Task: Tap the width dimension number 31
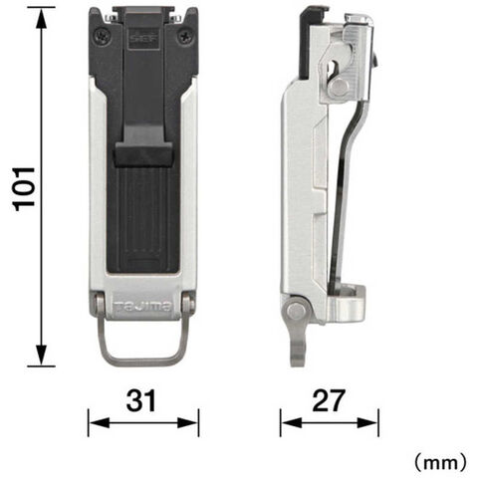[x=140, y=400]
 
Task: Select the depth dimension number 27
[x=329, y=400]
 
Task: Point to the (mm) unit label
[x=440, y=462]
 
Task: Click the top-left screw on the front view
[x=103, y=37]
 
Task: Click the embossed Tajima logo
[x=143, y=306]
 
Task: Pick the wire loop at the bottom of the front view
[x=143, y=360]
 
